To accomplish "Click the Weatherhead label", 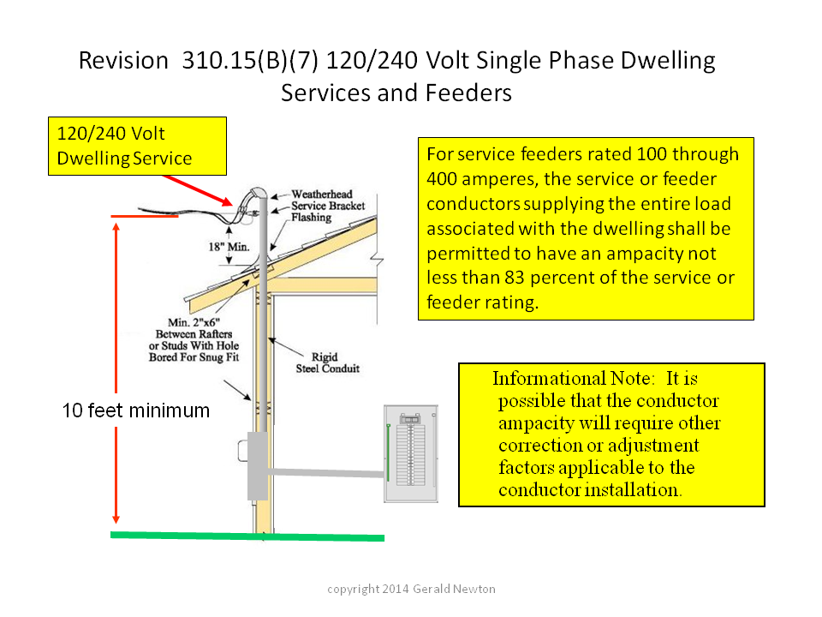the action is pyautogui.click(x=322, y=195).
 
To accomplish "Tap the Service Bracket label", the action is pyautogui.click(x=328, y=206).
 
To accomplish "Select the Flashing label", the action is pyautogui.click(x=312, y=217).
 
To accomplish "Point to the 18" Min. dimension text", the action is pyautogui.click(x=229, y=247).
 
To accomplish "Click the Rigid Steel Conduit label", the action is pyautogui.click(x=328, y=362).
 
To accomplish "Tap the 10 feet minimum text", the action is pyautogui.click(x=136, y=410).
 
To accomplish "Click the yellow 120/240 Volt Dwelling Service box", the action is pyautogui.click(x=137, y=146).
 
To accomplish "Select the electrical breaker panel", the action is pyautogui.click(x=411, y=454).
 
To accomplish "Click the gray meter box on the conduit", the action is pyautogui.click(x=258, y=465).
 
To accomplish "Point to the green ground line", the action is pyautogui.click(x=247, y=536).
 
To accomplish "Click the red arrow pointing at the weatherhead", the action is pyautogui.click(x=198, y=190).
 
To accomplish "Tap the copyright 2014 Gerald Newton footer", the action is pyautogui.click(x=412, y=589).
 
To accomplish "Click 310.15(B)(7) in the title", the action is pyautogui.click(x=250, y=60).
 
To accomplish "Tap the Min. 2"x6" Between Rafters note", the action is pyautogui.click(x=194, y=339).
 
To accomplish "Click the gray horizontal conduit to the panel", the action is pyautogui.click(x=326, y=473).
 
